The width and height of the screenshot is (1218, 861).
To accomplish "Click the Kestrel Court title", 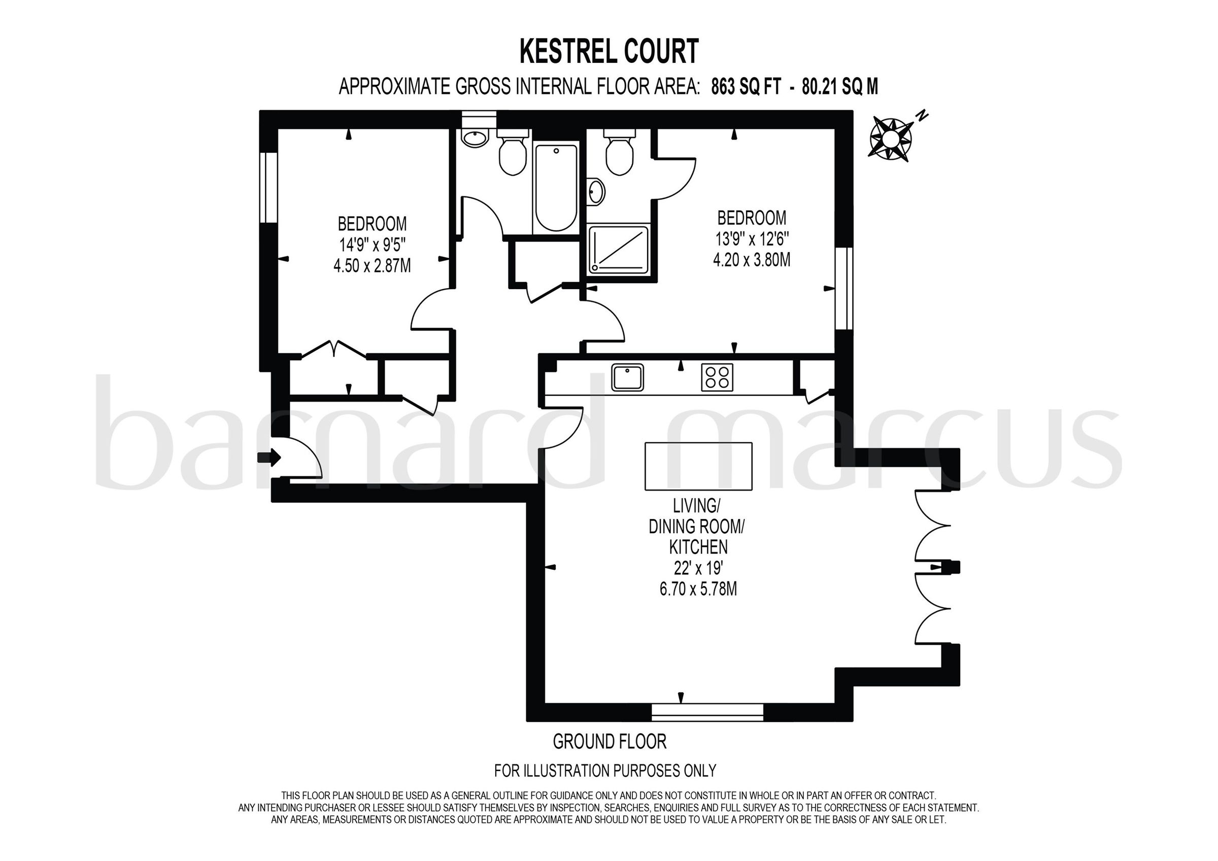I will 608,52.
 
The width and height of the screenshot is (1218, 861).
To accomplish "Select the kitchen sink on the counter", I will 627,377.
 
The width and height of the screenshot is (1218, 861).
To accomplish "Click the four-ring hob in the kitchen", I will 717,377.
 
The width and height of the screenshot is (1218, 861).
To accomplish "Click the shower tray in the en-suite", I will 618,250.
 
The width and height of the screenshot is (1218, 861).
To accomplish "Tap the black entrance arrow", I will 269,457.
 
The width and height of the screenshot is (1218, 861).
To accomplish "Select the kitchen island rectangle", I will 698,466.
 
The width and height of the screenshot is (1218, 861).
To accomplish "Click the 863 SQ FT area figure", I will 746,86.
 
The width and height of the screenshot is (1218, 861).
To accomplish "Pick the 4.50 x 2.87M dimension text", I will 372,265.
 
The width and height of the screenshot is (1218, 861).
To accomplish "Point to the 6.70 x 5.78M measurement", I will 698,590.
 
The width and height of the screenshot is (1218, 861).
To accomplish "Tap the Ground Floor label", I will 610,741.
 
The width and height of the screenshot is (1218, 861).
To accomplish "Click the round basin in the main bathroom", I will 475,139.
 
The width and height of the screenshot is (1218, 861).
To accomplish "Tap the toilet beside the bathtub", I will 513,153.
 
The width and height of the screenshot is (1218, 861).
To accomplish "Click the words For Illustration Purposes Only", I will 605,770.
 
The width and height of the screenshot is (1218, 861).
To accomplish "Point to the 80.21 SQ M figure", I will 840,86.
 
